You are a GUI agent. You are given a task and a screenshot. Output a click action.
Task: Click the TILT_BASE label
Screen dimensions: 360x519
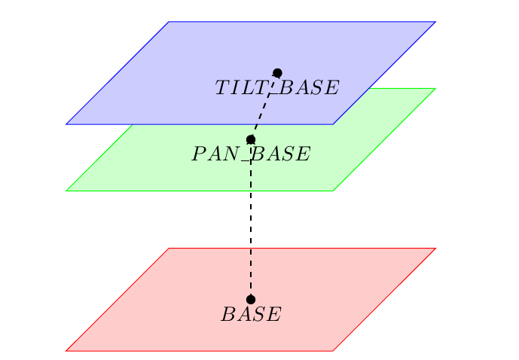[x=276, y=88]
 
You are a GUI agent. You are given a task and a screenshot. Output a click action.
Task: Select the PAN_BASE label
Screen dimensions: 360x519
[x=251, y=155]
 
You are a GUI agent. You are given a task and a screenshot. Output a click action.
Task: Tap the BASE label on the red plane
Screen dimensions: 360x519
[x=251, y=315]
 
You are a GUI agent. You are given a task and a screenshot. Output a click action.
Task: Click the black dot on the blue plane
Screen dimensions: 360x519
[x=277, y=73]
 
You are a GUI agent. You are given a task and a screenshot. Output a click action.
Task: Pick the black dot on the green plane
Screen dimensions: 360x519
[x=251, y=139]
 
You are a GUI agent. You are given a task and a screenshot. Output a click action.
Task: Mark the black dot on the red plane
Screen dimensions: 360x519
[x=251, y=299]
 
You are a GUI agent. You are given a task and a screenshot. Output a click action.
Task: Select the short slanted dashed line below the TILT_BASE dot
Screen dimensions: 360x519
[x=264, y=106]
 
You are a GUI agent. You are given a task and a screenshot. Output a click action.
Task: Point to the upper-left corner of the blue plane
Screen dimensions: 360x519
[x=169, y=22]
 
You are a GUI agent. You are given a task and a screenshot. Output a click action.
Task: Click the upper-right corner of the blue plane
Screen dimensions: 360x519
[x=435, y=22]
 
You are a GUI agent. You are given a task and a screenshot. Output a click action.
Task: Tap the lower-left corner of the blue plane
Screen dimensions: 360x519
[x=66, y=124]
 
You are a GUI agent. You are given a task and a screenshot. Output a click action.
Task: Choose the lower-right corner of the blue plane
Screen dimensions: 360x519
[x=333, y=124]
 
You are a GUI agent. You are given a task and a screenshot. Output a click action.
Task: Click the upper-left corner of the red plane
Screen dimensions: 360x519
[x=169, y=249]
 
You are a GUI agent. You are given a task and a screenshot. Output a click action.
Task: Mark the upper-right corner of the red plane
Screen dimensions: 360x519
[x=435, y=249]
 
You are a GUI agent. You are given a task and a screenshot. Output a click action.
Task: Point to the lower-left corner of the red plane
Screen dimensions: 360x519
[x=66, y=350]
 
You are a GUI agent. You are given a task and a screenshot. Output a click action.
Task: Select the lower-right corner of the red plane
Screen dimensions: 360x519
[x=333, y=350]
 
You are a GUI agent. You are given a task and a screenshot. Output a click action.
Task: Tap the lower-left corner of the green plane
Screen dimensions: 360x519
[x=66, y=191]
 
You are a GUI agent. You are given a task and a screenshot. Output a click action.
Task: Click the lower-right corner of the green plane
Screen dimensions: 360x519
[x=333, y=191]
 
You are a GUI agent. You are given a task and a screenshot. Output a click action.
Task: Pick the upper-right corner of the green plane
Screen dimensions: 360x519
[x=435, y=89]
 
